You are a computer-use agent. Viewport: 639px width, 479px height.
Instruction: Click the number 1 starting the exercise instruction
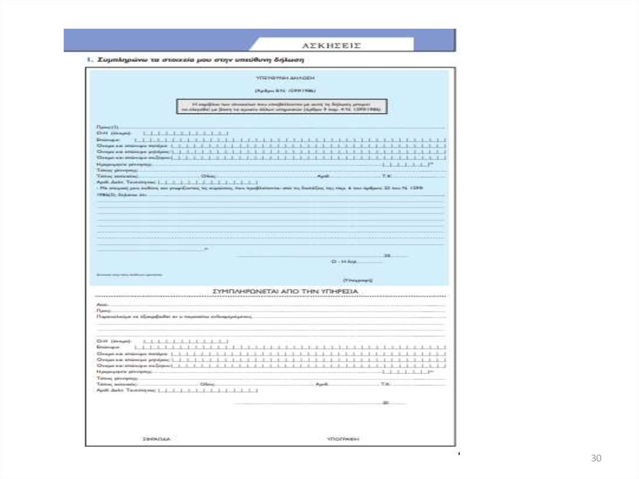pyautogui.click(x=89, y=61)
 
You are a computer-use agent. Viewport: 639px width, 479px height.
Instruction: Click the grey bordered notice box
pyautogui.click(x=280, y=106)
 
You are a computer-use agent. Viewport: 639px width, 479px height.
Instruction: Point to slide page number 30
pyautogui.click(x=595, y=459)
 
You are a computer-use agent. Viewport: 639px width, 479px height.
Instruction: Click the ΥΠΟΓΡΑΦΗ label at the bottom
pyautogui.click(x=343, y=438)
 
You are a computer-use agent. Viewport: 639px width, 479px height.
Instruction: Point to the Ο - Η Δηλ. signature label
pyautogui.click(x=343, y=262)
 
